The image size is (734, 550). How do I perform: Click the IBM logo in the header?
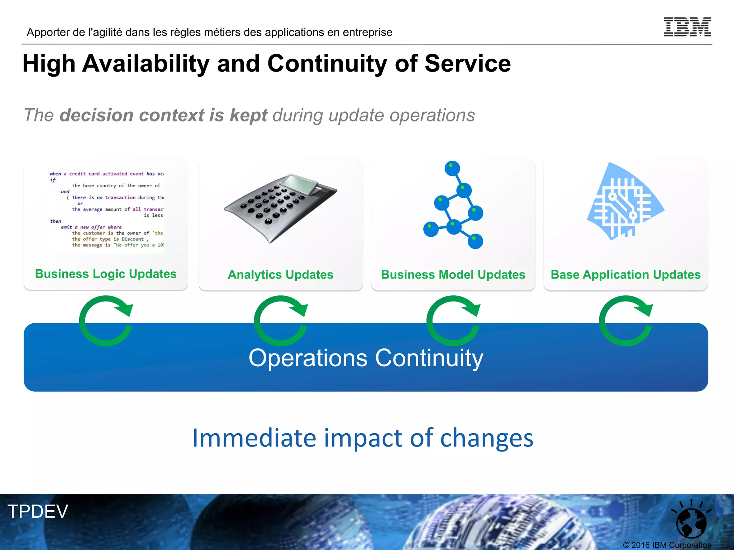pyautogui.click(x=687, y=27)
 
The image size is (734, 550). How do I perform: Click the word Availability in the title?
pyautogui.click(x=146, y=64)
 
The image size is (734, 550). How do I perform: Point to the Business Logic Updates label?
pyautogui.click(x=106, y=274)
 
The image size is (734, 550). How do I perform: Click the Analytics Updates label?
pyautogui.click(x=281, y=275)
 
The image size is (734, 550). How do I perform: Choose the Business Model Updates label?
pyautogui.click(x=453, y=275)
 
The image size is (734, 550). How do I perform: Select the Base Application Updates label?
pyautogui.click(x=625, y=275)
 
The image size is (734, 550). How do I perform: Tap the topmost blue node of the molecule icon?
pyautogui.click(x=452, y=168)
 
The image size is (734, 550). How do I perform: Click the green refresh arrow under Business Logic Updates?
pyautogui.click(x=106, y=320)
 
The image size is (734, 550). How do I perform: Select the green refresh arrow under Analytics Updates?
pyautogui.click(x=281, y=320)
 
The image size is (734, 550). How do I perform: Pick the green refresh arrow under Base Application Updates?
pyautogui.click(x=626, y=320)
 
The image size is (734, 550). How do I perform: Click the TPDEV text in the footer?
pyautogui.click(x=38, y=511)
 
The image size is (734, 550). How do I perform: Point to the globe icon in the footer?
pyautogui.click(x=691, y=522)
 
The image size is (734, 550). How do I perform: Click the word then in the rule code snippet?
pyautogui.click(x=56, y=221)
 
